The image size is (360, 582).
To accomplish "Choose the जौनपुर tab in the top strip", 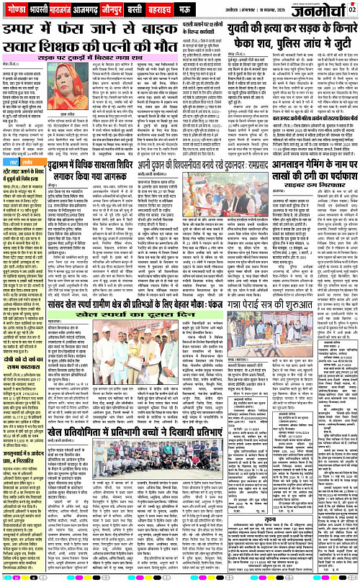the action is click(132, 9).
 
